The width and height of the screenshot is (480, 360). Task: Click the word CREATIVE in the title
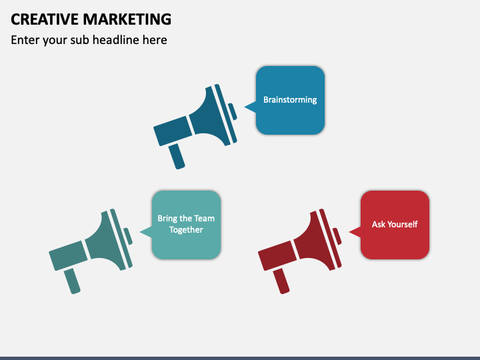[43, 19]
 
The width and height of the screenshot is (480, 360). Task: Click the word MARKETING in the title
[127, 19]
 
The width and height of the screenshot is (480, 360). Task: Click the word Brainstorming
[290, 100]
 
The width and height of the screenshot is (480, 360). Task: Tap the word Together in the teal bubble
[186, 230]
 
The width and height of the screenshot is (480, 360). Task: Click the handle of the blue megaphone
[177, 156]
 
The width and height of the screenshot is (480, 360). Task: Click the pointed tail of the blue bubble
[249, 106]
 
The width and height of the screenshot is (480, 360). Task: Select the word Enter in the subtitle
[25, 40]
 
